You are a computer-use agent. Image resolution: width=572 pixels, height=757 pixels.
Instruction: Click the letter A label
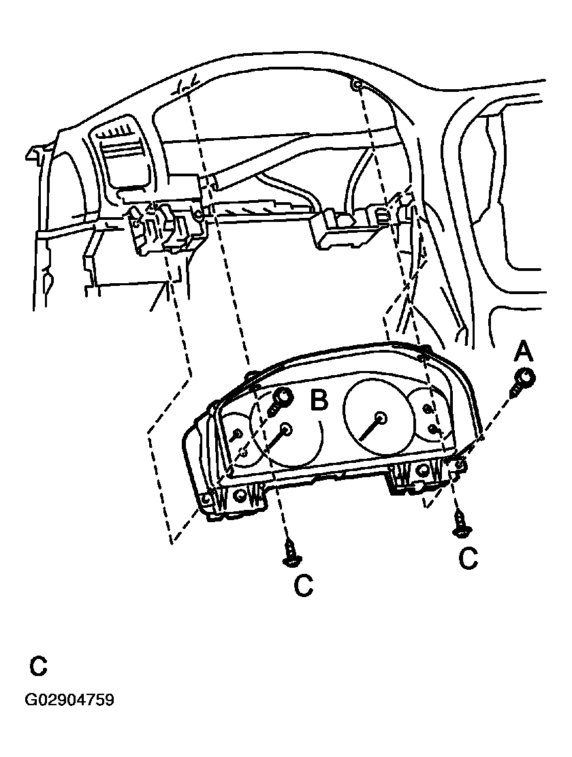(x=523, y=352)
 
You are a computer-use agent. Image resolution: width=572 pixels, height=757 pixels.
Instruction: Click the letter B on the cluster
(x=319, y=400)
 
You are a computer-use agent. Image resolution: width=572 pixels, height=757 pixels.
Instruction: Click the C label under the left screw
(x=304, y=585)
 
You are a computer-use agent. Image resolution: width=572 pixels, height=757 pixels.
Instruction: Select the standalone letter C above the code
(x=39, y=666)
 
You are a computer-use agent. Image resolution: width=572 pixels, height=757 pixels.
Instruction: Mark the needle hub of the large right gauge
(x=379, y=417)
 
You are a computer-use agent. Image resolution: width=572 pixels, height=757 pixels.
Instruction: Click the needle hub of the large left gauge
(x=285, y=429)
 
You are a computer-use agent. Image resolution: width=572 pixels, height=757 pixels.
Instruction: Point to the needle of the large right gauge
(x=370, y=427)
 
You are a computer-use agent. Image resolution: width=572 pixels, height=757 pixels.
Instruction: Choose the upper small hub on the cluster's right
(x=427, y=408)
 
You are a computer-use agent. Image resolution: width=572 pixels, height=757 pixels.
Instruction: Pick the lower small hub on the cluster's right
(x=434, y=429)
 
